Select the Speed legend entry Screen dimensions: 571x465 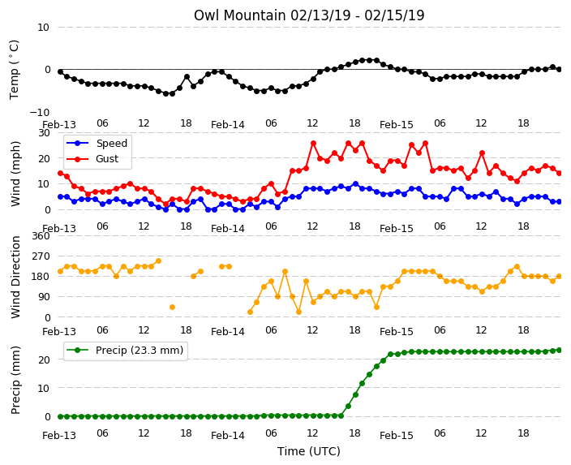pyautogui.click(x=97, y=143)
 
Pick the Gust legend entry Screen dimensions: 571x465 pyautogui.click(x=92, y=159)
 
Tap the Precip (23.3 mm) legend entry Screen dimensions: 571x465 pyautogui.click(x=125, y=351)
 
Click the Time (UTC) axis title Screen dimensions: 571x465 pyautogui.click(x=309, y=451)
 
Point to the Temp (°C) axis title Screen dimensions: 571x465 pyautogui.click(x=15, y=70)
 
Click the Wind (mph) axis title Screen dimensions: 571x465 pyautogui.click(x=15, y=174)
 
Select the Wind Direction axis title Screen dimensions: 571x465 pyautogui.click(x=15, y=277)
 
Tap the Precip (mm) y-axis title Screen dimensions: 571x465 pyautogui.click(x=15, y=380)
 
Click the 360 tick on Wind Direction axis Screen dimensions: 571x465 pyautogui.click(x=41, y=236)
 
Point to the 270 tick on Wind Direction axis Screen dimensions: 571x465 pyautogui.click(x=41, y=256)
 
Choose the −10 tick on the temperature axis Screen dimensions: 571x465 pyautogui.click(x=40, y=112)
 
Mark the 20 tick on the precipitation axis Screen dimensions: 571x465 pyautogui.click(x=44, y=360)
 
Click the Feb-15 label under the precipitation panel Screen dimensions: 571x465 pyautogui.click(x=396, y=436)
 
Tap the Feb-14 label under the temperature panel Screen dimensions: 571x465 pyautogui.click(x=228, y=125)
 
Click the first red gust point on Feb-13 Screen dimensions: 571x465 pyautogui.click(x=61, y=174)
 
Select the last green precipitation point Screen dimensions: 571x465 pyautogui.click(x=560, y=351)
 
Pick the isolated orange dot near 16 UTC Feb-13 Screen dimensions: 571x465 pyautogui.click(x=172, y=308)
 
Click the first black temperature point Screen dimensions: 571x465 pyautogui.click(x=61, y=71)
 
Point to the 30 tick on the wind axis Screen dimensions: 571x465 pyautogui.click(x=44, y=132)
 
